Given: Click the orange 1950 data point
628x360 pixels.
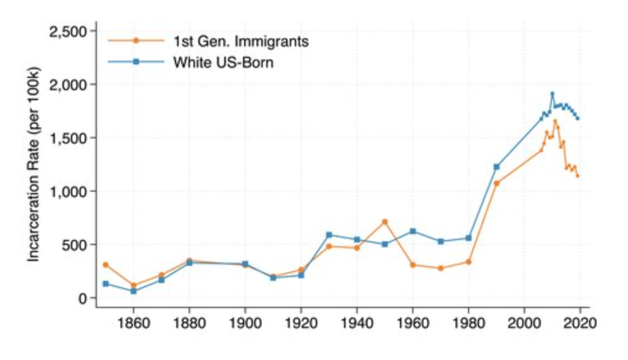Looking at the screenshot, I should (384, 221).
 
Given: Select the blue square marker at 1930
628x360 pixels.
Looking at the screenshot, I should (329, 235).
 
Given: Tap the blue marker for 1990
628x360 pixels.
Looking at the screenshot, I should (496, 166).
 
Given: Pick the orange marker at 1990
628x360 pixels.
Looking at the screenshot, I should (496, 183).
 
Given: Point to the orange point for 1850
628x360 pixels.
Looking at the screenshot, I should (106, 265).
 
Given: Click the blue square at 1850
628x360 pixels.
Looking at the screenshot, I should (106, 284).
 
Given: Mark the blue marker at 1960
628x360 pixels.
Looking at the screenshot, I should (412, 231).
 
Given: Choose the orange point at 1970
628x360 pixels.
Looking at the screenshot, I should (441, 268).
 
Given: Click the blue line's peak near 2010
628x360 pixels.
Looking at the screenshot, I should (552, 94).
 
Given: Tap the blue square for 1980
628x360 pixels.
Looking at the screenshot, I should (469, 238).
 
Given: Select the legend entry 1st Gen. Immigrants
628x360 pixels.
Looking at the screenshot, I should (240, 41).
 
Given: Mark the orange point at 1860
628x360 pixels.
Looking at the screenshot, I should (134, 286).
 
